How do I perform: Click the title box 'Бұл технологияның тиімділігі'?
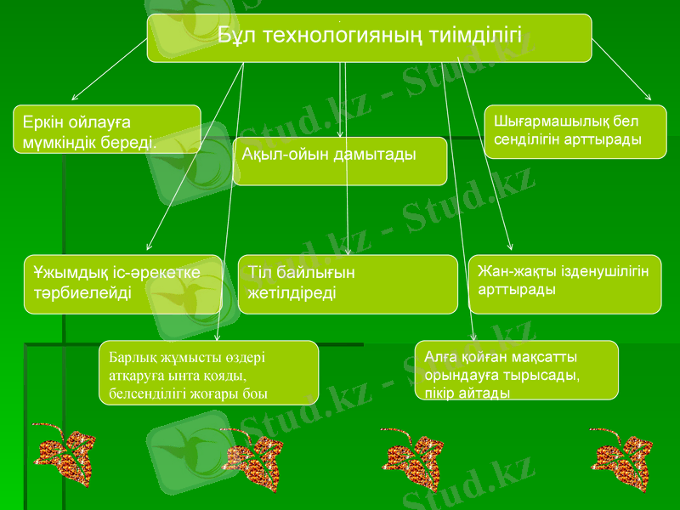click(x=369, y=38)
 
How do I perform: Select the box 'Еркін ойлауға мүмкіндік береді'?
click(x=106, y=129)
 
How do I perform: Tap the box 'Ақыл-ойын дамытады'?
click(x=339, y=161)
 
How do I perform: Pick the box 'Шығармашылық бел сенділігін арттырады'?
click(x=575, y=131)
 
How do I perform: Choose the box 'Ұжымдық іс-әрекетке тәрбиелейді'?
click(x=122, y=284)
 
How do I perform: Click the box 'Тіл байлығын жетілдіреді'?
click(x=347, y=284)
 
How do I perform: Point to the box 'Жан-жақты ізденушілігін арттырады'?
click(x=564, y=284)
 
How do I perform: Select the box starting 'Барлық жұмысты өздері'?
click(x=207, y=372)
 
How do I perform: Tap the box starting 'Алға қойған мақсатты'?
click(x=516, y=370)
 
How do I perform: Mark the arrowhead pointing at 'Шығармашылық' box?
click(x=649, y=99)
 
